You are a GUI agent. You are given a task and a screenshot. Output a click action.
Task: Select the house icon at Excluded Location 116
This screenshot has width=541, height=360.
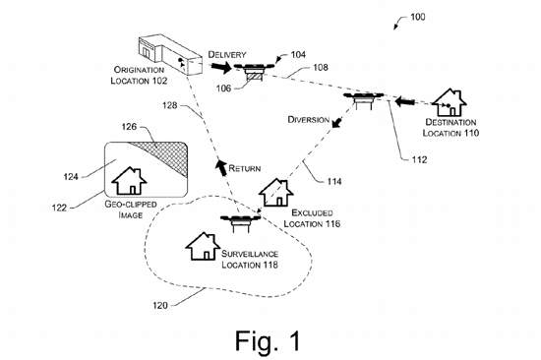277,192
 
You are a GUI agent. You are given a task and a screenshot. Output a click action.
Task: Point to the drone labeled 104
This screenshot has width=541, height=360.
255,68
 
